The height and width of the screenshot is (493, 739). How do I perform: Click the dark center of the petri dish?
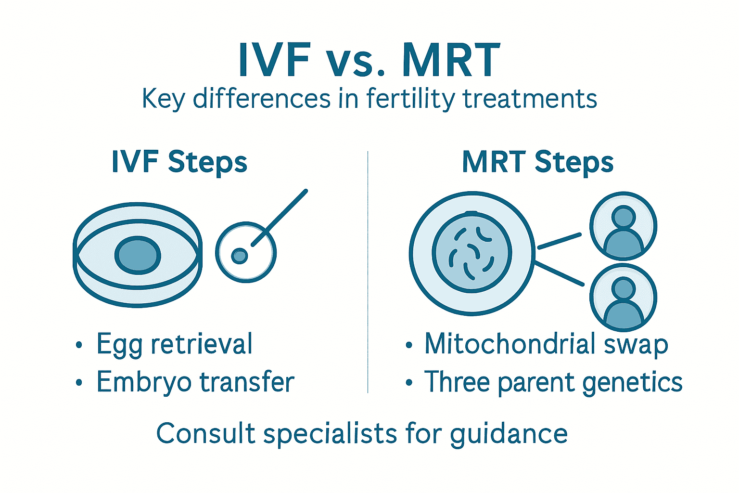tap(138, 255)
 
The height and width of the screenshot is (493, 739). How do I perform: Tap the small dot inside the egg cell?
tap(239, 256)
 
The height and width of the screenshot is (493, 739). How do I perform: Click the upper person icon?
tap(623, 226)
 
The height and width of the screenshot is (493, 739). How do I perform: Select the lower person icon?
tap(623, 298)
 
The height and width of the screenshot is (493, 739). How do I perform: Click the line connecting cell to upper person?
tap(559, 241)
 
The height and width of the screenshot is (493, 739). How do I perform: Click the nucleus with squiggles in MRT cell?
tap(471, 253)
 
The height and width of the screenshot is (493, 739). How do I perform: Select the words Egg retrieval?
tap(174, 344)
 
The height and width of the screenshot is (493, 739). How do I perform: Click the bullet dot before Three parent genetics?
tap(409, 383)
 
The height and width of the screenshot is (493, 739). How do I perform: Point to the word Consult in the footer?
tap(205, 433)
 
